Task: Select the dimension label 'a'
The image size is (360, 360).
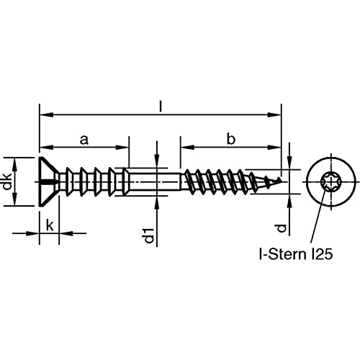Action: point(84,140)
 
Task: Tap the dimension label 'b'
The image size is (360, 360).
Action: point(231,139)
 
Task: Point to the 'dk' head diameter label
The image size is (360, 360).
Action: point(8,181)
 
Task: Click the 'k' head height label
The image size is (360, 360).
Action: point(50,225)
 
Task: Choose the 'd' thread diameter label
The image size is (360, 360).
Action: point(281,228)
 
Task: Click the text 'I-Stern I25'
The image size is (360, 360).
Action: point(296,254)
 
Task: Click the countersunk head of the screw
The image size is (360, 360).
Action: point(49,181)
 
